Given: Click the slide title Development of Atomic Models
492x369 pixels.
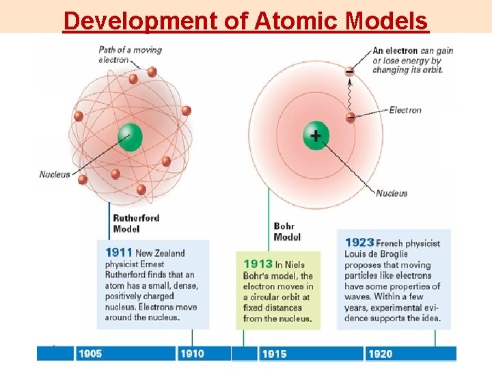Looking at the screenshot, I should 245,20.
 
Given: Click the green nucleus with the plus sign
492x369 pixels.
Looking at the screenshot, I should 316,135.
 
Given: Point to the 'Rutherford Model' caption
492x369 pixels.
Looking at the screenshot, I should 136,223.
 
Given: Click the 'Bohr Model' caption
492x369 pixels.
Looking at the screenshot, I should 287,232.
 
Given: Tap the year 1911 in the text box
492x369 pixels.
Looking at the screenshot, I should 119,253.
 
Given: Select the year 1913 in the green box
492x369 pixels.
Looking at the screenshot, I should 258,264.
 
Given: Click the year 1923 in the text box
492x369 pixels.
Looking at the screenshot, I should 359,243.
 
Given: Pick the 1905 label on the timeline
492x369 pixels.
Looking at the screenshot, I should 90,353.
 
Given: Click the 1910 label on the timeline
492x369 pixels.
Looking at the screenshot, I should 192,353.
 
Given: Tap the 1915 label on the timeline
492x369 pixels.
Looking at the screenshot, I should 274,353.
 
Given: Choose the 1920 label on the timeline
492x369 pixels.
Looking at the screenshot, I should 380,353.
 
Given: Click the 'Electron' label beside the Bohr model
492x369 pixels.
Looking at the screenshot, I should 405,110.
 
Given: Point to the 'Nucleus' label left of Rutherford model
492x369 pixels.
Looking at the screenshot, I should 55,174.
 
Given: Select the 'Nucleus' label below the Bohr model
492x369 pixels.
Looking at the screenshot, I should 392,193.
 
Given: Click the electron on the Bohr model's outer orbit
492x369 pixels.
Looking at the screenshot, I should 350,71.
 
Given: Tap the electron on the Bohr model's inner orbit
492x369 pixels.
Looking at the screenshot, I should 351,117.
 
